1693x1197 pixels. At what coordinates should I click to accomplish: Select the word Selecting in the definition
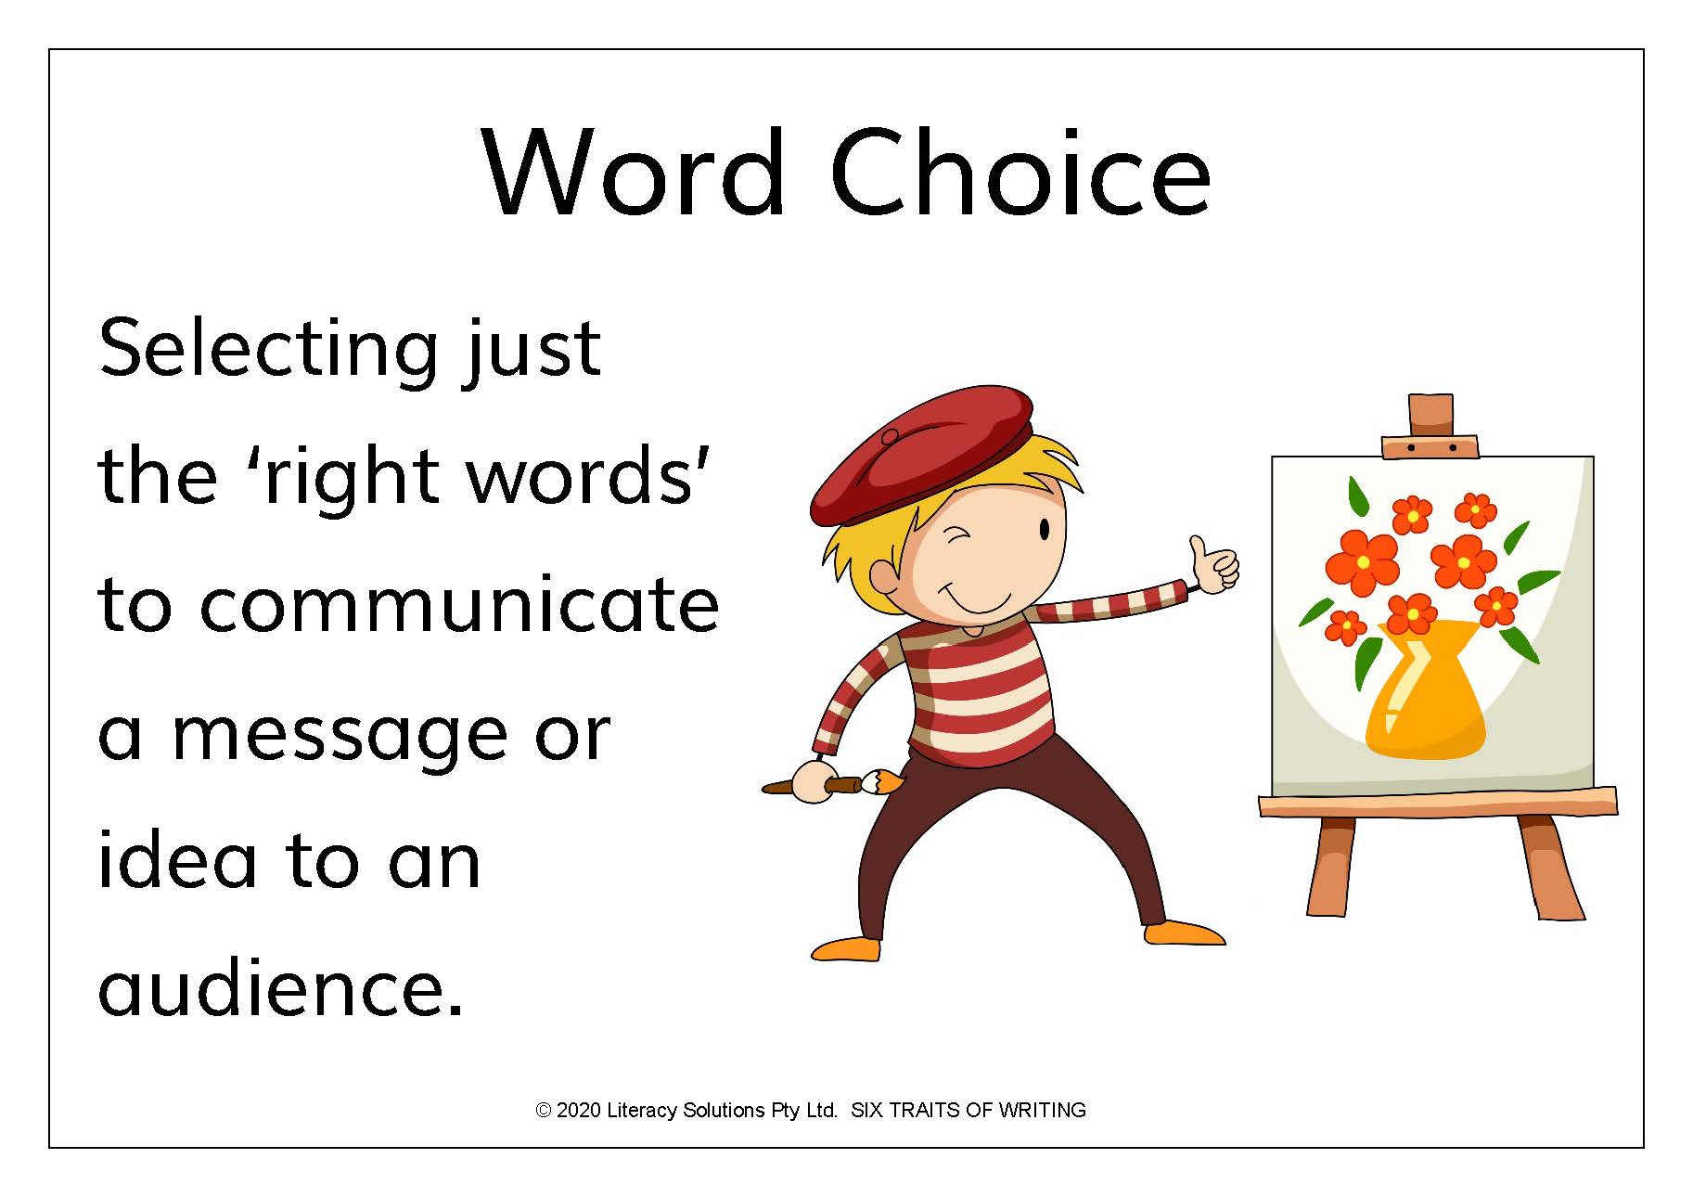[268, 350]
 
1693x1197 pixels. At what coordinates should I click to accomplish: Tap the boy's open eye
[1045, 530]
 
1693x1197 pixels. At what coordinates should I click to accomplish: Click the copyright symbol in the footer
[544, 1111]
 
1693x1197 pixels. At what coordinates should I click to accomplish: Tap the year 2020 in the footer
[579, 1111]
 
